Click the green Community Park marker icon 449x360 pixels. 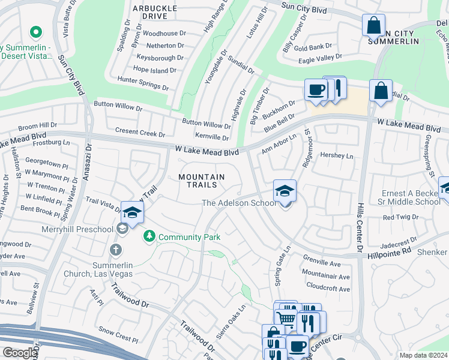149,237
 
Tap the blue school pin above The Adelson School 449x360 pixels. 285,191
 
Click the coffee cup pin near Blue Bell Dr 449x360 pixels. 316,91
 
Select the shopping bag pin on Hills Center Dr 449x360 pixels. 381,91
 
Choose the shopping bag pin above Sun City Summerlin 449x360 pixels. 373,26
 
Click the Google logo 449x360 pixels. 19,352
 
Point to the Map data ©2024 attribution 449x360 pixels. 423,355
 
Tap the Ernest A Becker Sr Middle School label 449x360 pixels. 411,198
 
